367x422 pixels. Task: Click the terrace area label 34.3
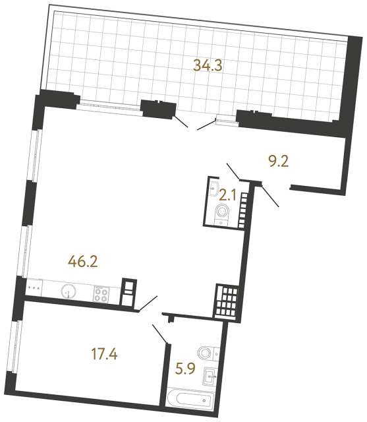tap(208, 65)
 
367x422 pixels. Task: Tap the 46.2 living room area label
tap(83, 261)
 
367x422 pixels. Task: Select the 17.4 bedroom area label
tap(104, 353)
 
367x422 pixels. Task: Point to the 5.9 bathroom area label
tap(185, 369)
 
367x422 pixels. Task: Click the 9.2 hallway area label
tap(279, 162)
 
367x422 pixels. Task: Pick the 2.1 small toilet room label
tap(227, 195)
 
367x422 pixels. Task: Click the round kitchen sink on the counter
tap(69, 291)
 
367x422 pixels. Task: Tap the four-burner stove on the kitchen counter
tap(101, 294)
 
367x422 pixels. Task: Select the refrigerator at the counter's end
tap(129, 293)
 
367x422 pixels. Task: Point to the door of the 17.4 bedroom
tap(160, 334)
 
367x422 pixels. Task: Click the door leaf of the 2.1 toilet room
tap(233, 171)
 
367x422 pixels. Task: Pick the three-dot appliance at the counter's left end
tap(34, 288)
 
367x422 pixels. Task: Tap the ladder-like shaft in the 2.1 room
tap(242, 210)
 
